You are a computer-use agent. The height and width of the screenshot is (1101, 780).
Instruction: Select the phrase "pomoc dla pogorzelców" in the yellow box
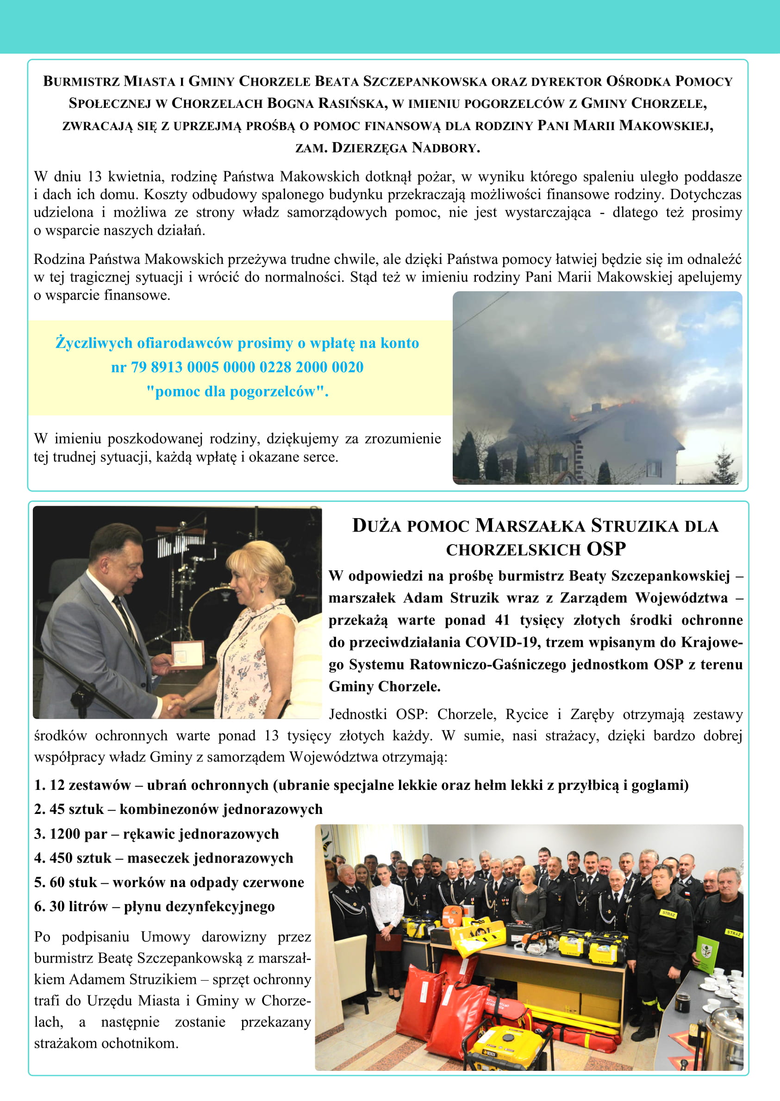pyautogui.click(x=237, y=392)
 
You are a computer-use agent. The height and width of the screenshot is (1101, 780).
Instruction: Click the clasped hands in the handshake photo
pyautogui.click(x=175, y=706)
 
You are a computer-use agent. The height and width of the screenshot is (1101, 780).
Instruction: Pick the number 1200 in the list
pyautogui.click(x=66, y=834)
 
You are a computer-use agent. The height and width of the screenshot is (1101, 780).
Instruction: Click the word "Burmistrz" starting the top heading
pyautogui.click(x=81, y=81)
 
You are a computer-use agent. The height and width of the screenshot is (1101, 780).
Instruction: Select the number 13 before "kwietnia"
pyautogui.click(x=94, y=177)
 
